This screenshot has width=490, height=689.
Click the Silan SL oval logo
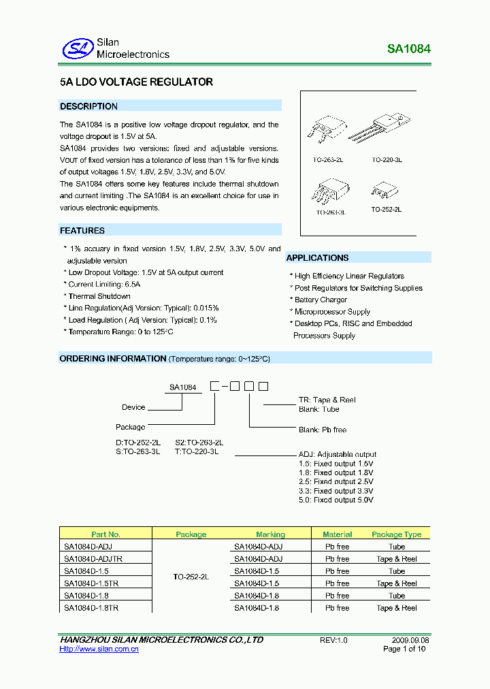click(x=78, y=48)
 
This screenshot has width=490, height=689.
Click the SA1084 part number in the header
click(x=409, y=49)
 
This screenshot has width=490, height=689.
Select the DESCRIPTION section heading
click(x=88, y=106)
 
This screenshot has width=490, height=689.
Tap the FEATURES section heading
click(x=82, y=231)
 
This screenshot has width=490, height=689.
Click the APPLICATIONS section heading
click(x=317, y=258)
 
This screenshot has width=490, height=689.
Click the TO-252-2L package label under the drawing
click(x=386, y=210)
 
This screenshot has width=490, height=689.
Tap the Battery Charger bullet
click(x=321, y=300)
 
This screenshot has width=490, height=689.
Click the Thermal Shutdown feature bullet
click(x=99, y=296)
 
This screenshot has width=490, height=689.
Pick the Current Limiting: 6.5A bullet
click(x=104, y=285)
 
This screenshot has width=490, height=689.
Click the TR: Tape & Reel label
click(x=327, y=400)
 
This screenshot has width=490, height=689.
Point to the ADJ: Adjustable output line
click(x=338, y=454)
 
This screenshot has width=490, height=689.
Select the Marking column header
click(x=270, y=534)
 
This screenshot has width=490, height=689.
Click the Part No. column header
click(x=105, y=534)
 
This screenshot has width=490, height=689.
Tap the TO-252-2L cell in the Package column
click(x=191, y=577)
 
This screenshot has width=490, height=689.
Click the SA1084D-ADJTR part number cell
click(x=93, y=559)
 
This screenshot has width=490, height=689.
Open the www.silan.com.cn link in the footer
click(x=99, y=650)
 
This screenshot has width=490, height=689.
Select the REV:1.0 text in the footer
click(x=333, y=640)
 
